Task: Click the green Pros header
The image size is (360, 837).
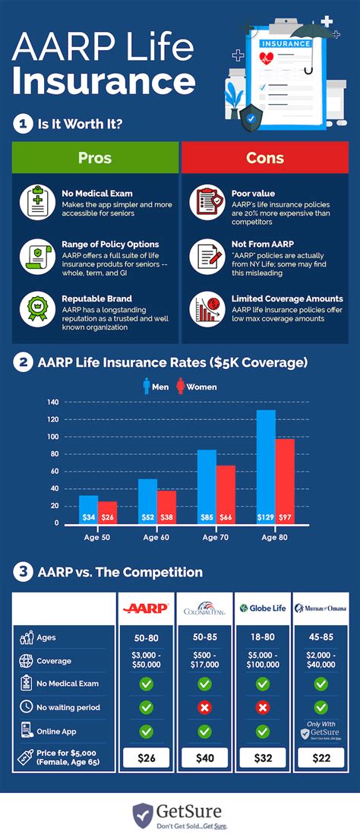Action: pos(95,158)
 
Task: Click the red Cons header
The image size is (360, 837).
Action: pos(265,158)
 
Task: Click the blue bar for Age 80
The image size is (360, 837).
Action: pos(265,465)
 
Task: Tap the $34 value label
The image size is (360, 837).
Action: pos(89,517)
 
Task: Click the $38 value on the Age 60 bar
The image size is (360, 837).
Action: pos(167,517)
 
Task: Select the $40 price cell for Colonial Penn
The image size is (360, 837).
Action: pos(204,756)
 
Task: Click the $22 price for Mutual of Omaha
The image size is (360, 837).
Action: pos(321,756)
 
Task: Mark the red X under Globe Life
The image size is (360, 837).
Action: pos(262,707)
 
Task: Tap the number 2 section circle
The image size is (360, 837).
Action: pos(23,363)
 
